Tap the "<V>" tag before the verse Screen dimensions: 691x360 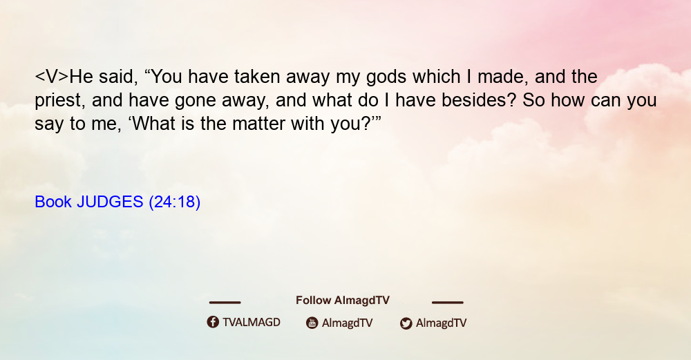[52, 77]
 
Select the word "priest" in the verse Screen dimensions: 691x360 [59, 101]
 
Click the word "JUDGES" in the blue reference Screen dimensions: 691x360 [110, 202]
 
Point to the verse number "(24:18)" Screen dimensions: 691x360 [175, 202]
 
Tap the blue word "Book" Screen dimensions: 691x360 [53, 202]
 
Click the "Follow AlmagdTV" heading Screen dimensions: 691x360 [343, 301]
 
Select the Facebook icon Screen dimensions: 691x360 [213, 322]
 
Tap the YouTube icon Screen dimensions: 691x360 [312, 323]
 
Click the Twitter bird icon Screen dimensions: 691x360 [406, 323]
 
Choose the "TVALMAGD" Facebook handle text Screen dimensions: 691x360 [252, 323]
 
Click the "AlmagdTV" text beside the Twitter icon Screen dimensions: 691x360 [441, 323]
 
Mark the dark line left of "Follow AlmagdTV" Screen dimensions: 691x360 [225, 302]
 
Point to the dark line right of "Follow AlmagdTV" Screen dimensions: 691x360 [447, 302]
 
